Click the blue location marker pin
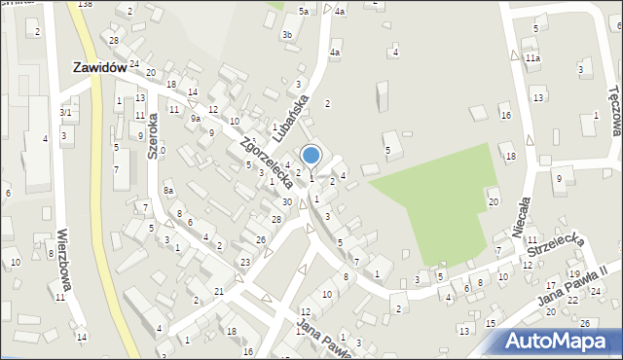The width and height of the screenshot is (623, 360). click(311, 156)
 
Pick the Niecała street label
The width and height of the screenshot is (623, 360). click(523, 216)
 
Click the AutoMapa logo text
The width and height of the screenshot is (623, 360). click(558, 342)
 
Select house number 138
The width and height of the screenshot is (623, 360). click(85, 5)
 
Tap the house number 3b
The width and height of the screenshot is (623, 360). click(286, 35)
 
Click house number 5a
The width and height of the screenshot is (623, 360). click(304, 11)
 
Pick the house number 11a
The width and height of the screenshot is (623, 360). click(532, 58)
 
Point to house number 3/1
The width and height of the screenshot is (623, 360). click(65, 113)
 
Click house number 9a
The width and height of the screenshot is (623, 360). click(196, 118)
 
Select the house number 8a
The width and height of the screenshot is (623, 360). click(168, 191)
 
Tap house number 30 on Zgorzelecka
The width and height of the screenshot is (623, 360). click(286, 201)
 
